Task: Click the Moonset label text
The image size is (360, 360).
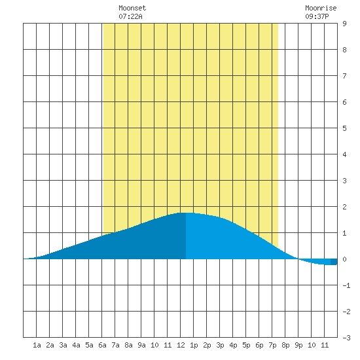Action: [x=132, y=8]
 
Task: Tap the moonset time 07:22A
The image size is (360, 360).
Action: [x=130, y=16]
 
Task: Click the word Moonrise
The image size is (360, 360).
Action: [x=321, y=8]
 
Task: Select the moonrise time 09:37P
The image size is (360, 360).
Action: [x=317, y=16]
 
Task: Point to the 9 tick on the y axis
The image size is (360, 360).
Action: [x=344, y=24]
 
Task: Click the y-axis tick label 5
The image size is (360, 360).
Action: [x=344, y=128]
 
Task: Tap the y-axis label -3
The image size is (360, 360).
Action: [x=346, y=338]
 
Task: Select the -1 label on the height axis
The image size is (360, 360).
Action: [x=346, y=285]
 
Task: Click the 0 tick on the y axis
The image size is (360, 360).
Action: [x=344, y=259]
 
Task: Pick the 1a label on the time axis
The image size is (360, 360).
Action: [x=37, y=345]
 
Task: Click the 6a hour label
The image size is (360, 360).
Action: [x=102, y=345]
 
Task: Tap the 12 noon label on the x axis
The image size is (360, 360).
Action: [x=181, y=345]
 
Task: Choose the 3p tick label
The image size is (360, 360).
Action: [x=220, y=345]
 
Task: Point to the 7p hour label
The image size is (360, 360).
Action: [x=272, y=345]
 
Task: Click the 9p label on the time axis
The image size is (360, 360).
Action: [x=298, y=345]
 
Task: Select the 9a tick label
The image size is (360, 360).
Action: [x=141, y=345]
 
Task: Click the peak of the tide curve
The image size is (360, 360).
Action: [x=186, y=213]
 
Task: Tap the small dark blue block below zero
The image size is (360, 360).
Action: [x=334, y=262]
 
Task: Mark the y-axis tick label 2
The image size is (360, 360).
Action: [x=344, y=207]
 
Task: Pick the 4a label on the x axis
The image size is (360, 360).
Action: [x=76, y=345]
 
